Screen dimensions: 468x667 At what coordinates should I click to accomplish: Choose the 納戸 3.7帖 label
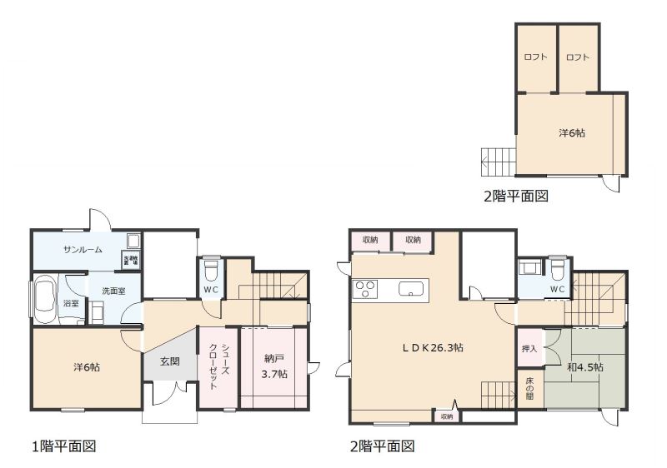click(275, 366)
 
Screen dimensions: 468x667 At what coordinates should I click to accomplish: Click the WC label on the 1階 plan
click(211, 291)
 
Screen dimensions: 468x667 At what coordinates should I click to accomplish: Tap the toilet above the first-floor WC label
click(212, 270)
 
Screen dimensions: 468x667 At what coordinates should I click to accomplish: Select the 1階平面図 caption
click(64, 446)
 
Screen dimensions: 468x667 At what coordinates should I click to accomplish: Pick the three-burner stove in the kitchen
click(365, 289)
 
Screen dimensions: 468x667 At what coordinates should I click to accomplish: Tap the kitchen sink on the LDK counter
click(410, 289)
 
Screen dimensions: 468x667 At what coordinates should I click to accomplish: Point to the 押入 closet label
click(529, 350)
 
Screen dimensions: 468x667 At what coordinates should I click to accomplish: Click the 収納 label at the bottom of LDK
click(446, 416)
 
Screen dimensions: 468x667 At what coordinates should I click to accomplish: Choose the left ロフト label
click(535, 57)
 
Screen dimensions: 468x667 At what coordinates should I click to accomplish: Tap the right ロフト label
click(577, 57)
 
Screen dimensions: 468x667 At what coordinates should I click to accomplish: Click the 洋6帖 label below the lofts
click(571, 132)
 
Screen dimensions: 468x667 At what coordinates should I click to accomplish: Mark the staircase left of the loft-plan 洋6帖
click(498, 160)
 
